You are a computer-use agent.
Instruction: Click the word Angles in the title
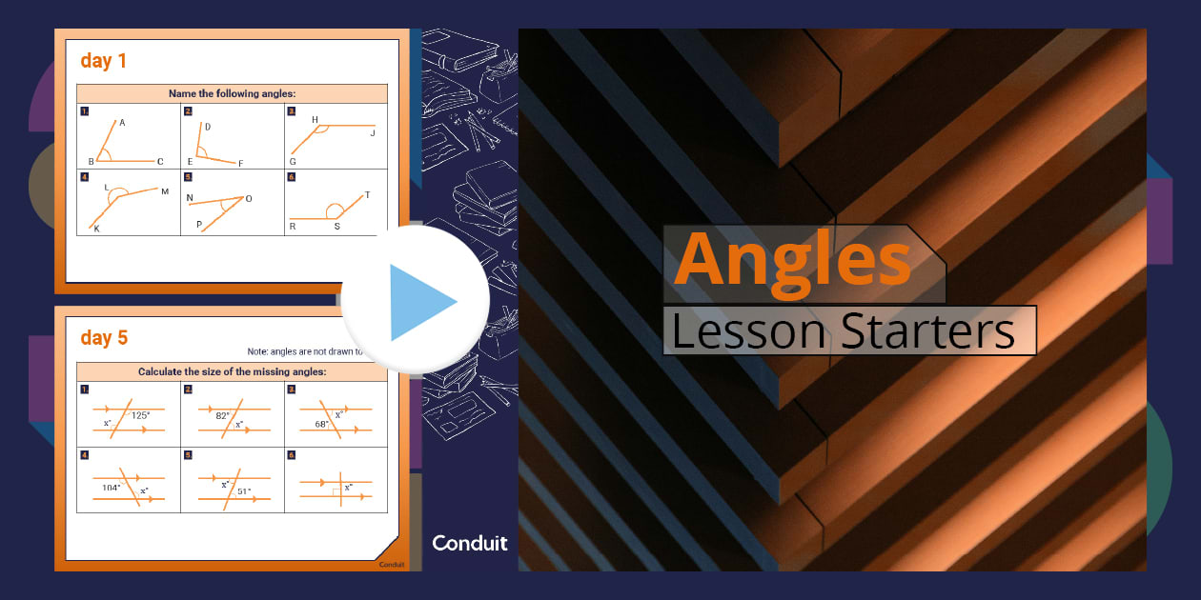(792, 258)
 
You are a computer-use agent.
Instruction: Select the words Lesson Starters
(843, 330)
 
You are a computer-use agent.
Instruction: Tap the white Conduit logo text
(470, 544)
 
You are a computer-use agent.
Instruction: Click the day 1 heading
(103, 61)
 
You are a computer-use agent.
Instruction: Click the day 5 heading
(103, 338)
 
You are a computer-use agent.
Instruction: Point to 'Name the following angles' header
(233, 93)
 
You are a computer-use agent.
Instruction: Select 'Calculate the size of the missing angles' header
(233, 371)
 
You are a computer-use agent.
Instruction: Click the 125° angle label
(141, 414)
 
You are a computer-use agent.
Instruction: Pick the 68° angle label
(322, 424)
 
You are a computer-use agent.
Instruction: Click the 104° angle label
(112, 487)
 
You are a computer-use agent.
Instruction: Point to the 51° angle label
(245, 491)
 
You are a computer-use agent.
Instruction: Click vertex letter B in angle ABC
(91, 162)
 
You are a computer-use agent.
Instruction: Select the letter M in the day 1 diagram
(164, 191)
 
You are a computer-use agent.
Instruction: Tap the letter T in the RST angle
(367, 195)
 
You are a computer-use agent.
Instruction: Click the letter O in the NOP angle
(249, 198)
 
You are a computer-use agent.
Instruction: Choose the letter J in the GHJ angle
(373, 133)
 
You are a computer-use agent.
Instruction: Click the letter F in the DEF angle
(240, 164)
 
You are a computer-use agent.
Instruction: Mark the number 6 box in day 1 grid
(292, 177)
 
